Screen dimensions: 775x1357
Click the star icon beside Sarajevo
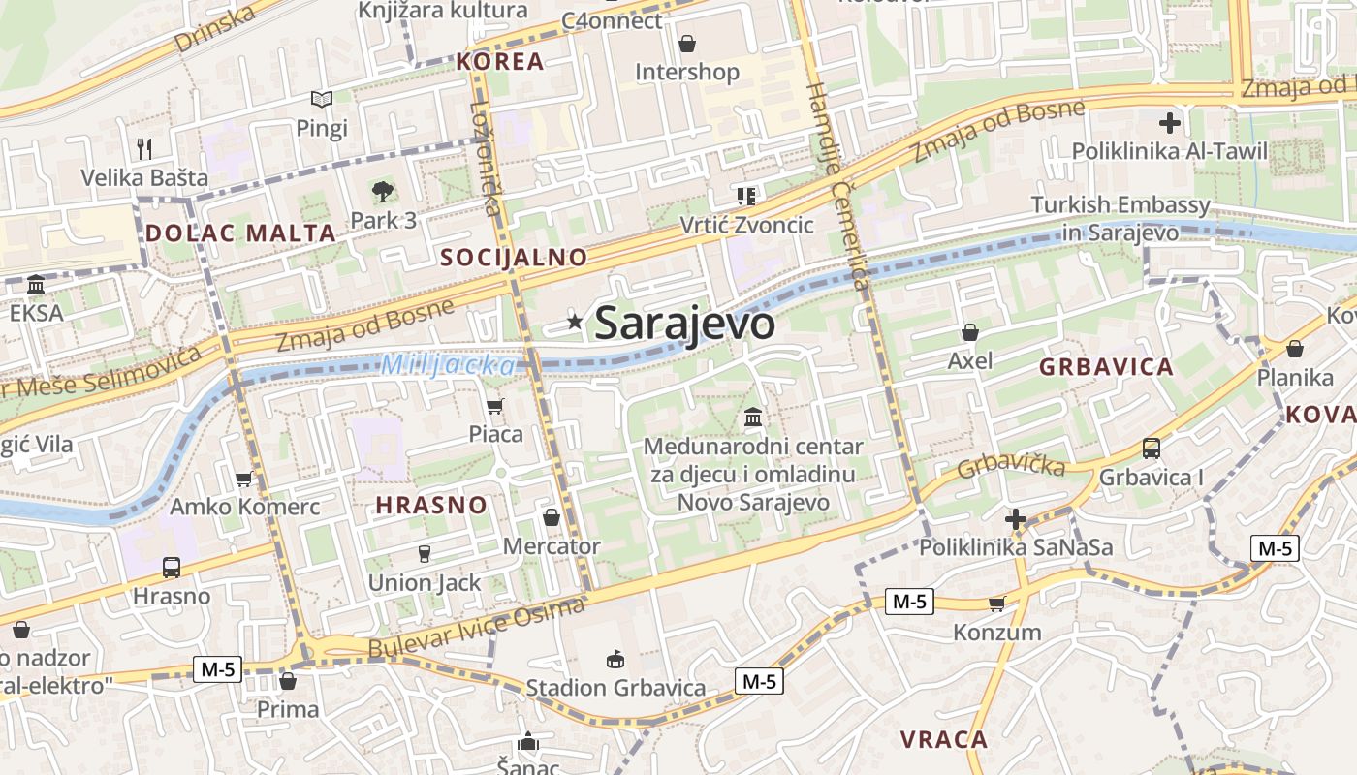(575, 322)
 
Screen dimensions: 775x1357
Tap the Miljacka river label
(449, 365)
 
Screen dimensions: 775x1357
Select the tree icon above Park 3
(383, 192)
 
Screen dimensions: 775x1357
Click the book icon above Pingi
(322, 99)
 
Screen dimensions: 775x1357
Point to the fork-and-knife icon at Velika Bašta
(144, 148)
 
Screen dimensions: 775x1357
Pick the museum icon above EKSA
(36, 285)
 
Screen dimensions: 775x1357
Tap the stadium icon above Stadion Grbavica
(615, 660)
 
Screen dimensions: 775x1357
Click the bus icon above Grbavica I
(1152, 448)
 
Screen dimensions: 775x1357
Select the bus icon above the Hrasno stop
(172, 567)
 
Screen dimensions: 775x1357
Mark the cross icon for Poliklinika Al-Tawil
(1170, 123)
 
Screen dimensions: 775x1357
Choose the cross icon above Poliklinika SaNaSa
(1016, 519)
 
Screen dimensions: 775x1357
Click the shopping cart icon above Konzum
(996, 604)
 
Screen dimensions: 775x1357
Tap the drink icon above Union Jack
(424, 554)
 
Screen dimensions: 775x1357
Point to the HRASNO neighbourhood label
(430, 505)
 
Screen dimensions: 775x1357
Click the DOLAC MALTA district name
(240, 232)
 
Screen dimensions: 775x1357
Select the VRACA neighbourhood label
(943, 739)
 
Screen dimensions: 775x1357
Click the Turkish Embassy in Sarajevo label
(1120, 218)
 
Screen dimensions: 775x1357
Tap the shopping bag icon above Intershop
(687, 44)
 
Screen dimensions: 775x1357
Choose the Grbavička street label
(1011, 466)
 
